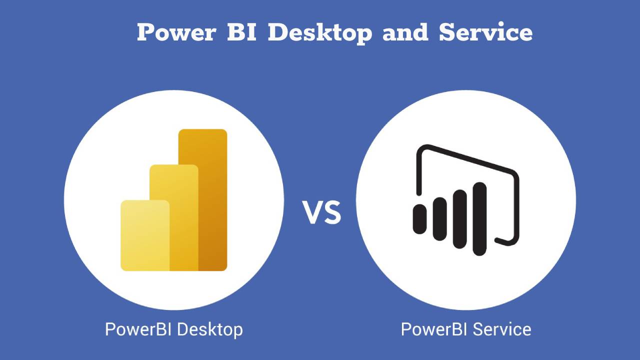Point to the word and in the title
[x=405, y=33]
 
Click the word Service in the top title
[x=485, y=33]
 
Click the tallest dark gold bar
[x=213, y=200]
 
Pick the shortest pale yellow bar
[x=145, y=235]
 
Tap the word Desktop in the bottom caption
[x=210, y=329]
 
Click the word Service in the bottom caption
[x=502, y=329]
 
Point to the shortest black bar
[x=419, y=219]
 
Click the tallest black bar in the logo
[x=479, y=218]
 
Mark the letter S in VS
[x=332, y=212]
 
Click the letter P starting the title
[x=146, y=33]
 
